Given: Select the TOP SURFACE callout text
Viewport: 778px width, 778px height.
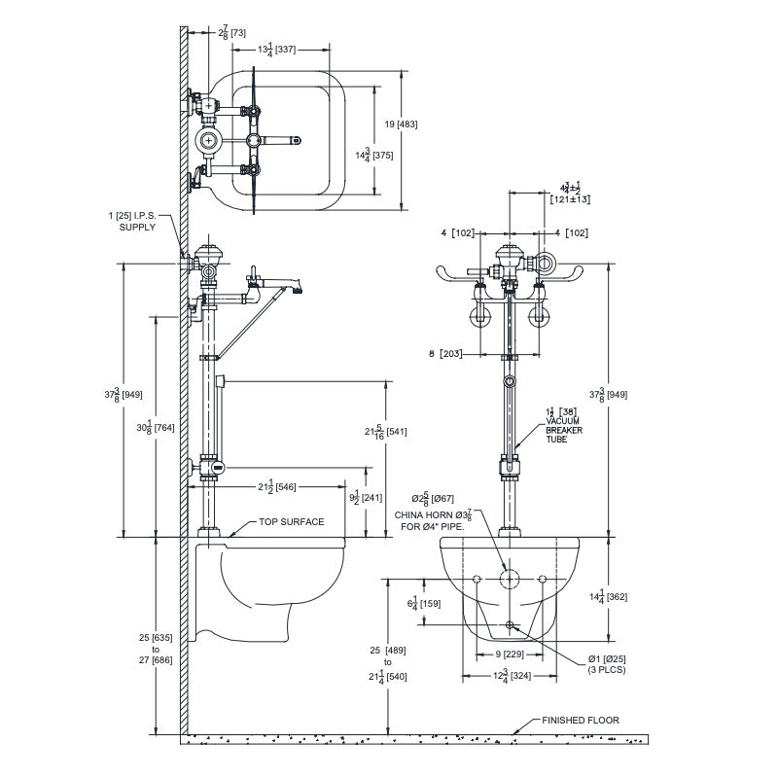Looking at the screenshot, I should click(x=291, y=522).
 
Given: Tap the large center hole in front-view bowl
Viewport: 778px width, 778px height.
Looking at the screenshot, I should click(x=508, y=579).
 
